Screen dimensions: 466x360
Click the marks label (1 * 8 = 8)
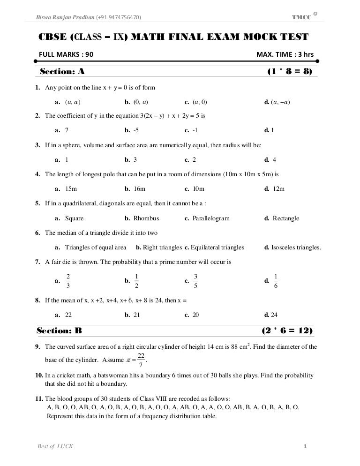click(x=289, y=72)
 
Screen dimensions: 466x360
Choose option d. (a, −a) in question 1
click(x=277, y=101)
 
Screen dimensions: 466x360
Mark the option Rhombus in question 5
click(x=146, y=218)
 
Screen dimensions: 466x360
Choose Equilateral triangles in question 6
click(x=217, y=247)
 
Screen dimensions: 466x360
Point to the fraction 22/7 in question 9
click(x=141, y=361)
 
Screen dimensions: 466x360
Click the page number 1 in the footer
click(x=305, y=446)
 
